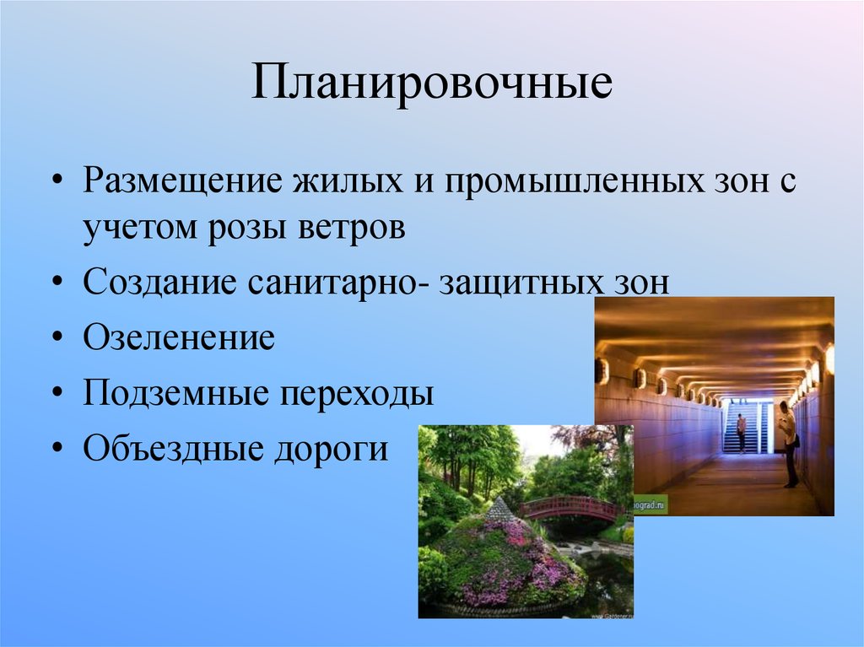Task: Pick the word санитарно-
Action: tap(336, 283)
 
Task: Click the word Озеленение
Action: tap(179, 337)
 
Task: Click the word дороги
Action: tap(332, 448)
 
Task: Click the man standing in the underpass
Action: tap(788, 444)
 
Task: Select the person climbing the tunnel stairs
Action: tap(741, 433)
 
